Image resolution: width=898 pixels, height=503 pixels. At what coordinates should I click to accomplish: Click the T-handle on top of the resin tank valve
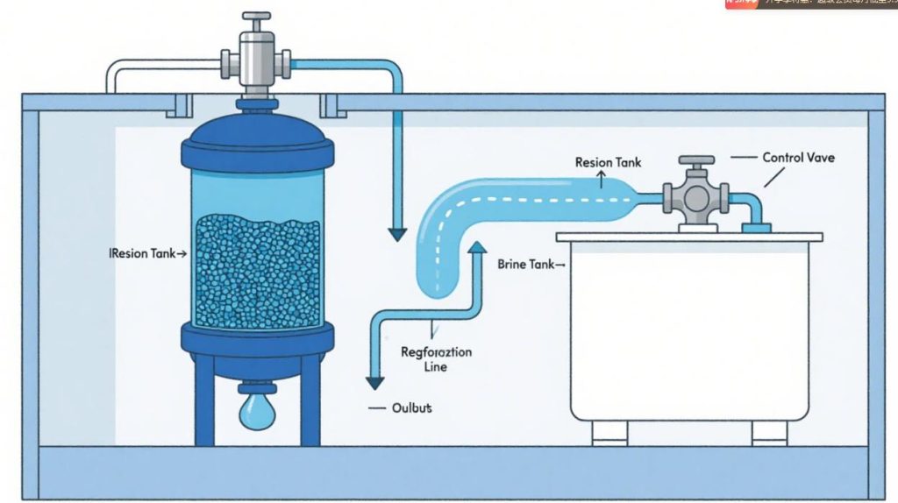click(257, 18)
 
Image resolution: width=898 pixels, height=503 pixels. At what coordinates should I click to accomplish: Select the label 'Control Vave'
click(798, 158)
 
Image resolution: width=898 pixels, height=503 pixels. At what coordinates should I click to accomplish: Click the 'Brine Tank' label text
click(526, 264)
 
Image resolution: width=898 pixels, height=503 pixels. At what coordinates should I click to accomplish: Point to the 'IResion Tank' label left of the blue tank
click(145, 253)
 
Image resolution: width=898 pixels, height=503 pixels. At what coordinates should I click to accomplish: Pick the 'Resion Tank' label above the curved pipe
click(608, 162)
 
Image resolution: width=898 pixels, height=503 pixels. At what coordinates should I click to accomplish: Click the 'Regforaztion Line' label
click(436, 359)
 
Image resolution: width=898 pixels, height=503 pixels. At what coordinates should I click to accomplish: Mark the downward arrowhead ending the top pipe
click(397, 234)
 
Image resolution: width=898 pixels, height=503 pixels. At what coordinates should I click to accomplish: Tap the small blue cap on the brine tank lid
click(756, 229)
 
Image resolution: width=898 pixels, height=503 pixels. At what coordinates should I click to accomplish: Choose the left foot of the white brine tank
click(609, 432)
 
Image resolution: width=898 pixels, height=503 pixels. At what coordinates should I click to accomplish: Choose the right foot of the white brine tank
click(769, 432)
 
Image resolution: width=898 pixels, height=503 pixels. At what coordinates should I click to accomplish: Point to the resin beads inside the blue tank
click(257, 272)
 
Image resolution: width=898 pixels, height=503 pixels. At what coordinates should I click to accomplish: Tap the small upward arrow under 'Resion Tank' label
click(602, 181)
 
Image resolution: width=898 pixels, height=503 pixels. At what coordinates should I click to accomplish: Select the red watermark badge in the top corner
click(741, 4)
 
